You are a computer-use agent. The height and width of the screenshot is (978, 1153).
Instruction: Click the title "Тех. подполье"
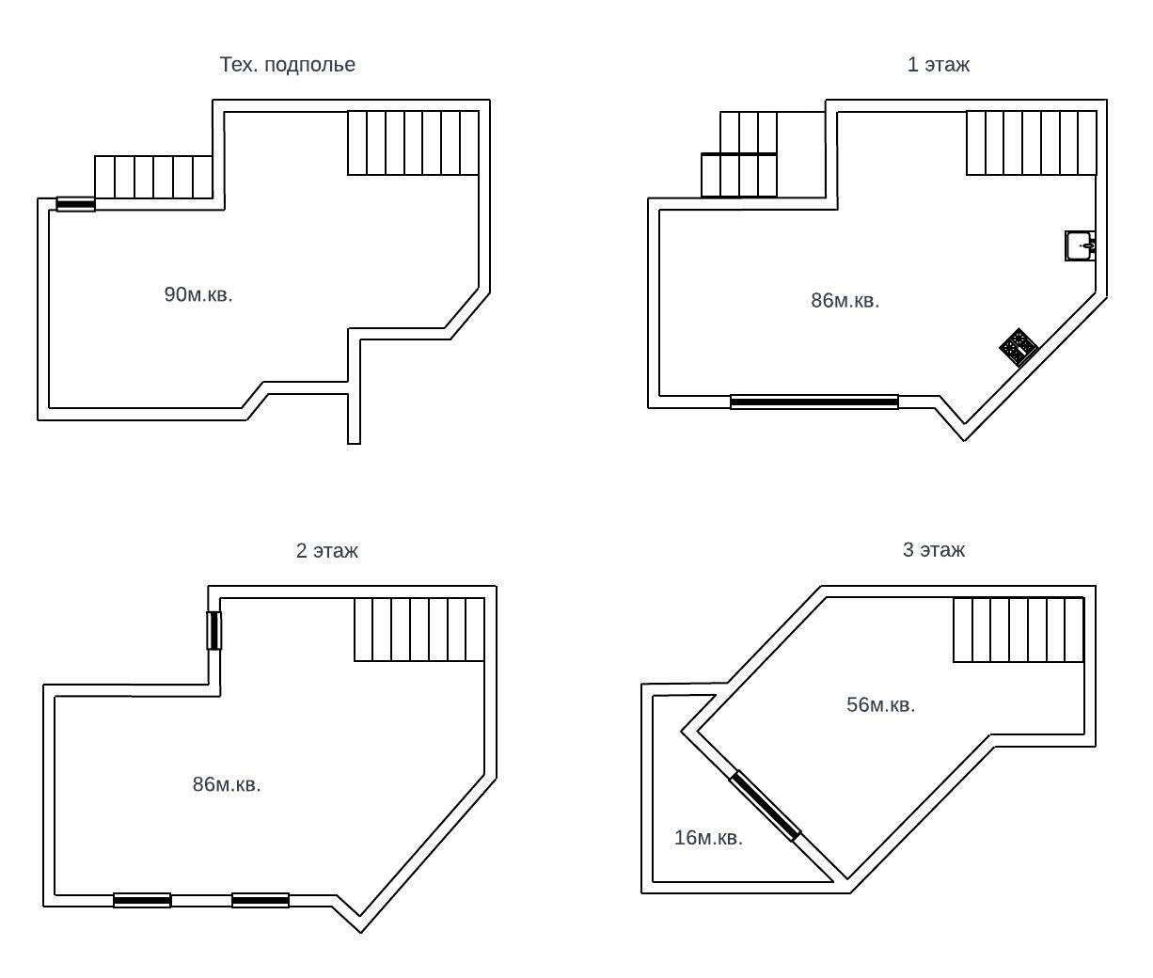(287, 65)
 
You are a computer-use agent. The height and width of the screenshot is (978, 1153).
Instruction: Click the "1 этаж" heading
(938, 65)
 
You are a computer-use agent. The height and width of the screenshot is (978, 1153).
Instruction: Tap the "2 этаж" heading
(326, 551)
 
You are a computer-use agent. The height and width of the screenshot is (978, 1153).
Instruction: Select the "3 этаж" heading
(933, 550)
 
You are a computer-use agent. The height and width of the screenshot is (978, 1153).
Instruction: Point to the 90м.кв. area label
(197, 294)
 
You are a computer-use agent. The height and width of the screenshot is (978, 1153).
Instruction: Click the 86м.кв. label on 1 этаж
(845, 301)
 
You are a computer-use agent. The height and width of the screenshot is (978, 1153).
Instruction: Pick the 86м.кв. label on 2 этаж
(227, 784)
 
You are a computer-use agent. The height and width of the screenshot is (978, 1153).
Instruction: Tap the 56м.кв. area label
(880, 705)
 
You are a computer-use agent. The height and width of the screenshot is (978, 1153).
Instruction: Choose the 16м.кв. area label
(708, 838)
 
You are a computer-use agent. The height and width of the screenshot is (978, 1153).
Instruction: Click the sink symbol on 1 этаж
(1080, 245)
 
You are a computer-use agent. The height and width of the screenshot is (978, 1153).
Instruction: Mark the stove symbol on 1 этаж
(1018, 347)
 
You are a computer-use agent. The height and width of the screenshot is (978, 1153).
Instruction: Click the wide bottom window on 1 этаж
(814, 402)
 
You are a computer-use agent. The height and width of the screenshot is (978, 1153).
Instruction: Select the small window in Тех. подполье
(75, 204)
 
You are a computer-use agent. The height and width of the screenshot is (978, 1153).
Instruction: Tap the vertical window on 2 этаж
(214, 630)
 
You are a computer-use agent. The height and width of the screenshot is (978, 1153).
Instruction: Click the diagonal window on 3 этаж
(766, 805)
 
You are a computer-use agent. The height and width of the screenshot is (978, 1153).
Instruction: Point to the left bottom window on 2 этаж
(142, 900)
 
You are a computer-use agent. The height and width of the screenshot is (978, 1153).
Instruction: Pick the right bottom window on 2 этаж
(261, 900)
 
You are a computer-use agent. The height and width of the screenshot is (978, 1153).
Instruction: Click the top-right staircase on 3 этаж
(1019, 630)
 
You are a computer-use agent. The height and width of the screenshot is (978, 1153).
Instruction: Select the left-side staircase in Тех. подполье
(153, 177)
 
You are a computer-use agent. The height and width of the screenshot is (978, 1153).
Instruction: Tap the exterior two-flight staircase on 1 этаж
(739, 154)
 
